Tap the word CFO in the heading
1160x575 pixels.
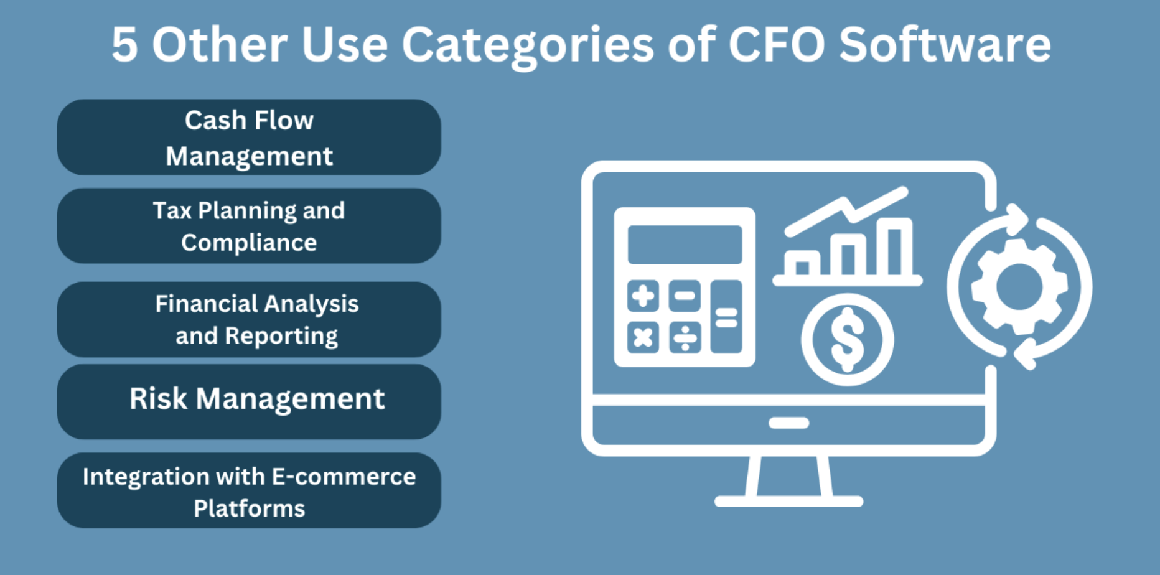tap(776, 45)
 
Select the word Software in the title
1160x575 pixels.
tap(945, 45)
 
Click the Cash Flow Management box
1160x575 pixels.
tap(249, 137)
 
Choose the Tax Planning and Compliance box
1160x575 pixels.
tap(249, 226)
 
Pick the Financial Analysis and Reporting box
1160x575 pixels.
tap(249, 319)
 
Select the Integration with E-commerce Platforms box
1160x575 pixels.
tap(249, 491)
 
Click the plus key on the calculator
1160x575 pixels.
tap(643, 296)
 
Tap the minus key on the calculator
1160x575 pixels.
tap(685, 296)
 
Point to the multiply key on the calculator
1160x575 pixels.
tap(643, 337)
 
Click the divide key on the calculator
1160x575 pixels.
tap(685, 337)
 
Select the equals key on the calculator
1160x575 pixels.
tap(726, 317)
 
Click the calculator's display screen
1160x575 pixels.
tap(685, 245)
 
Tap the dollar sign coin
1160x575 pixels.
tap(847, 339)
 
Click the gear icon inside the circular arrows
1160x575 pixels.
tap(1019, 286)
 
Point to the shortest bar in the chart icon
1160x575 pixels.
tap(802, 266)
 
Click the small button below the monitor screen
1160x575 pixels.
tap(788, 423)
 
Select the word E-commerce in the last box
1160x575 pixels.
tap(344, 477)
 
